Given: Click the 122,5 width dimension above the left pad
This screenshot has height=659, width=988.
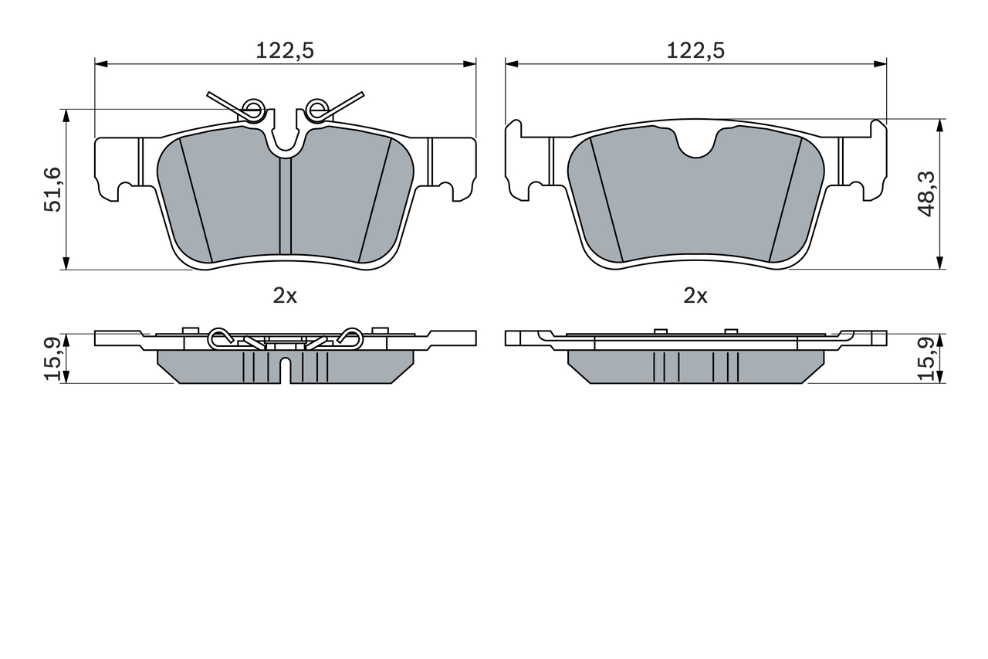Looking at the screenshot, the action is (285, 51).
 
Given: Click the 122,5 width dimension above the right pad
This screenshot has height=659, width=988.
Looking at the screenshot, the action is (695, 51).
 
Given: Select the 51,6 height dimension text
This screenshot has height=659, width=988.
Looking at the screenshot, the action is (52, 190).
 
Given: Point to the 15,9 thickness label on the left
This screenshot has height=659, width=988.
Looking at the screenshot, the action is (52, 358).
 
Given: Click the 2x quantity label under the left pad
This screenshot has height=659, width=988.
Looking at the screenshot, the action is (285, 296).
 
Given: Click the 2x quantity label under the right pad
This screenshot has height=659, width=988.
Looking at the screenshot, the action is (695, 296).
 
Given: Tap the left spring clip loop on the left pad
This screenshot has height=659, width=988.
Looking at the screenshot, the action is (254, 109).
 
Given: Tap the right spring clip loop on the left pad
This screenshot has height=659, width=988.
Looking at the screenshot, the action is (317, 109).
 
